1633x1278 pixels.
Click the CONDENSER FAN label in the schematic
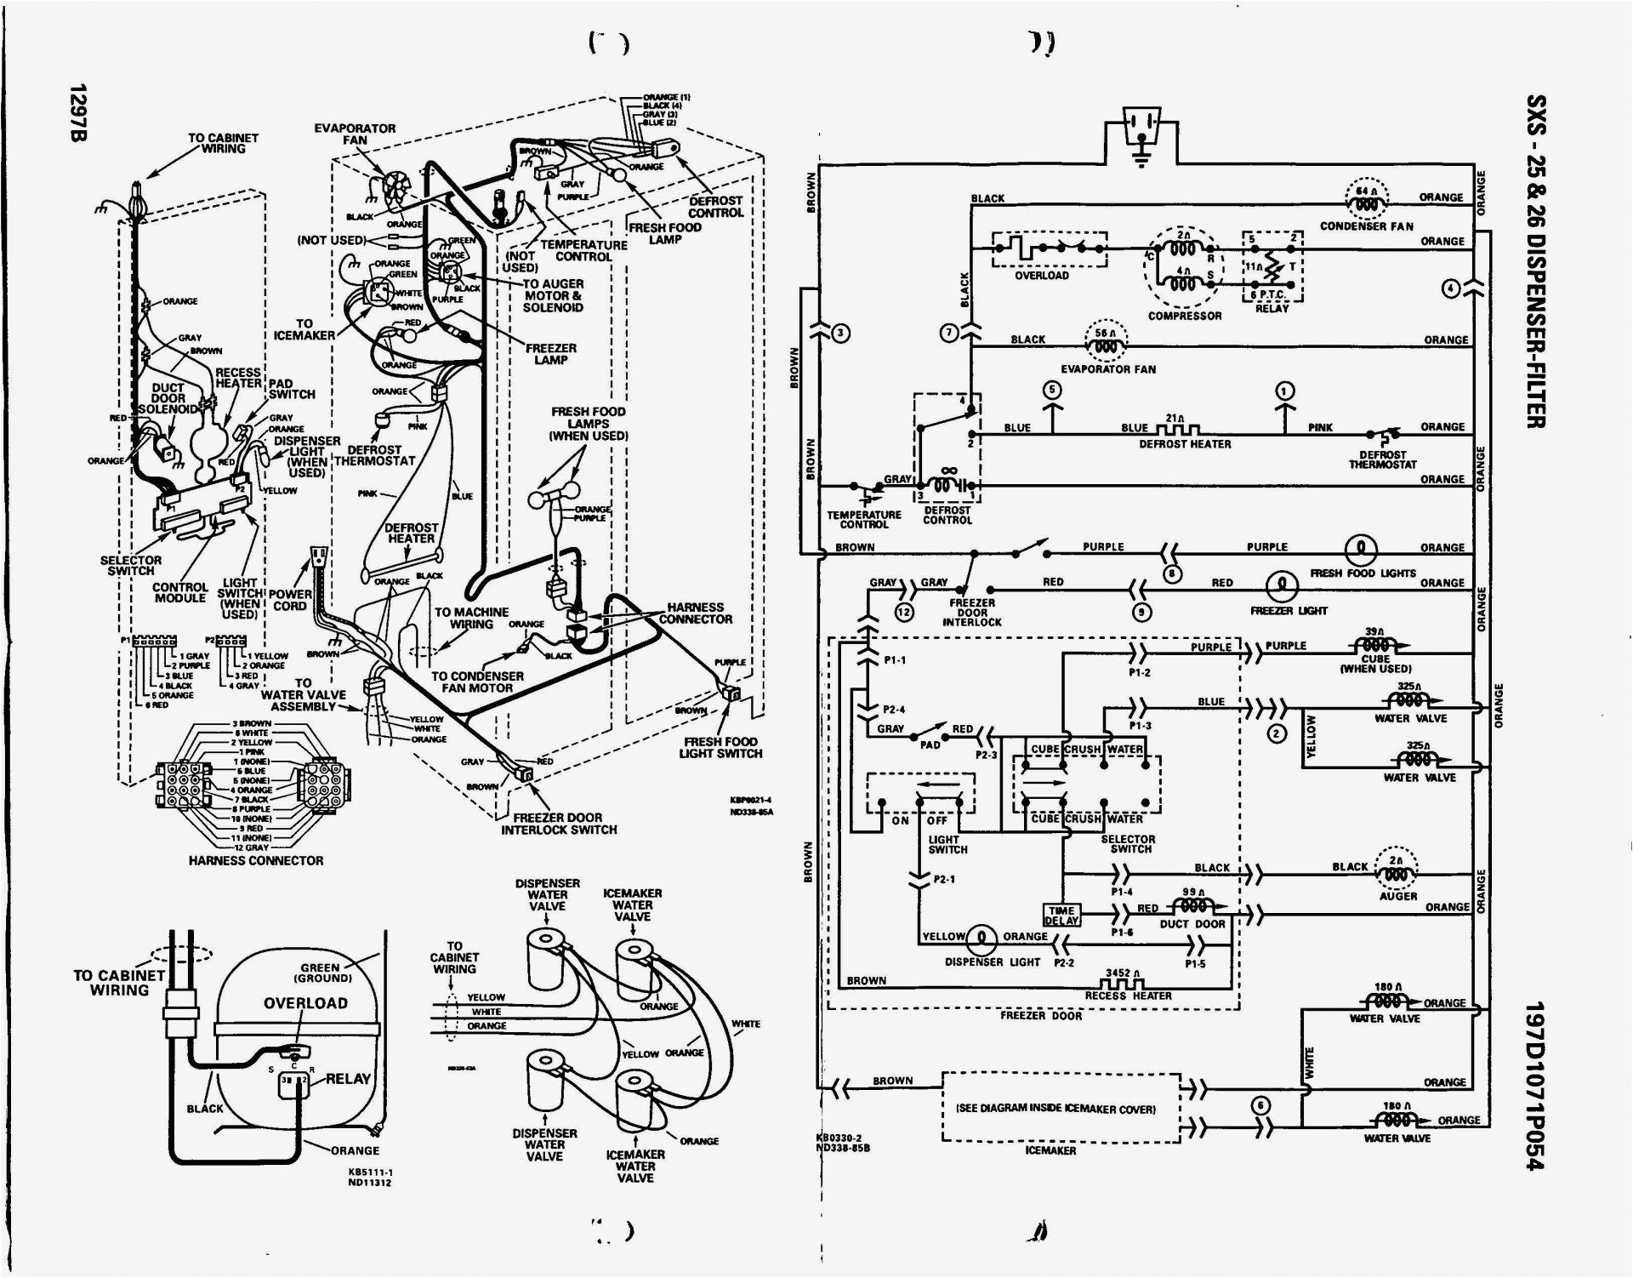click(x=1366, y=226)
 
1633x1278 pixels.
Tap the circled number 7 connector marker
click(x=950, y=332)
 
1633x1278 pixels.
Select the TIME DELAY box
click(x=1061, y=916)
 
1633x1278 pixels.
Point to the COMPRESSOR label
click(x=1185, y=316)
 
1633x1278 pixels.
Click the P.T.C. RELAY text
click(x=1272, y=301)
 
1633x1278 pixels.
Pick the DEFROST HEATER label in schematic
click(x=1185, y=444)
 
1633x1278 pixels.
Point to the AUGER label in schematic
click(x=1398, y=896)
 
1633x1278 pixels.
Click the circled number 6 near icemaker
click(x=1261, y=1105)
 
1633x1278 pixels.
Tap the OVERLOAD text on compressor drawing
click(x=305, y=1003)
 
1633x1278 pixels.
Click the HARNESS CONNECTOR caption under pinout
click(x=256, y=861)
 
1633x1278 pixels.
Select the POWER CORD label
click(x=290, y=600)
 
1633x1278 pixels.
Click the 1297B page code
click(x=77, y=113)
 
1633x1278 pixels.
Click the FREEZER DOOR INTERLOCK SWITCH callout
click(x=558, y=824)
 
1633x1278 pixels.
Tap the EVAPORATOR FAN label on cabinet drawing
click(x=355, y=134)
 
